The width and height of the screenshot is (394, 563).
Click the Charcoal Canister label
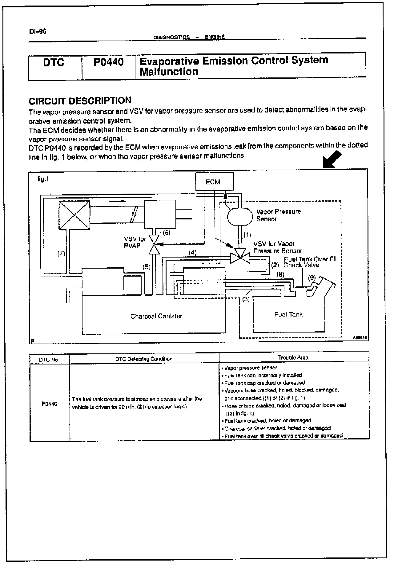pos(156,316)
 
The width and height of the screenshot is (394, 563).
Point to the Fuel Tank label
pos(288,314)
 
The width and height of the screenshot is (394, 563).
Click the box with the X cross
pos(74,215)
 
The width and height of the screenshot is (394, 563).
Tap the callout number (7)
pos(62,254)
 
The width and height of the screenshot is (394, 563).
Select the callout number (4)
pos(192,253)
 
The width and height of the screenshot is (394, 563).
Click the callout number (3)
pos(246,299)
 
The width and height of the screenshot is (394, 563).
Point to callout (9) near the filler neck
pos(312,277)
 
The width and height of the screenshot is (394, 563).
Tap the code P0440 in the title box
pos(108,62)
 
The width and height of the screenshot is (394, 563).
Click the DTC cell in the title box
pos(54,63)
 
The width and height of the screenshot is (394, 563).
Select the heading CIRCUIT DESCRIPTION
pos(80,101)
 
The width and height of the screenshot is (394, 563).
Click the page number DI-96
pos(38,32)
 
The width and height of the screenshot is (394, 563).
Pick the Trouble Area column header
pos(293,357)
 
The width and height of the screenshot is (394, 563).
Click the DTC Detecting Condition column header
pos(144,359)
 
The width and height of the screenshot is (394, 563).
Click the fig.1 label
pos(43,179)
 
